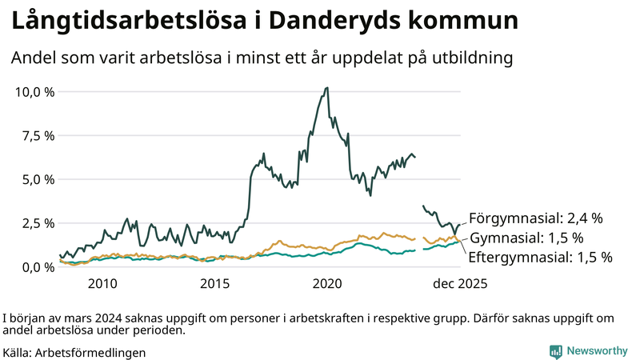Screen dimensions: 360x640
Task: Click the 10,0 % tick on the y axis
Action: pos(34,91)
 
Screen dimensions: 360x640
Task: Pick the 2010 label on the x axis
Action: pos(102,283)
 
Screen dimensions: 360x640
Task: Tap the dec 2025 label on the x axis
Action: pos(459,283)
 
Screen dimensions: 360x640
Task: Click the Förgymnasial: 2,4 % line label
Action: pos(535,218)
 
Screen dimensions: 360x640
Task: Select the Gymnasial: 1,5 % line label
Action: pos(526,238)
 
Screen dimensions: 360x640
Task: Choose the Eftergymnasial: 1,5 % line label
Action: pos(540,258)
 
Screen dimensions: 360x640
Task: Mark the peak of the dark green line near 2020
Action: pos(326,88)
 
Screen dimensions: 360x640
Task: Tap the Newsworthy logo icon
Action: pos(555,350)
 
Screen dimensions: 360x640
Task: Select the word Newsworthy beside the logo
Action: pos(597,350)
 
